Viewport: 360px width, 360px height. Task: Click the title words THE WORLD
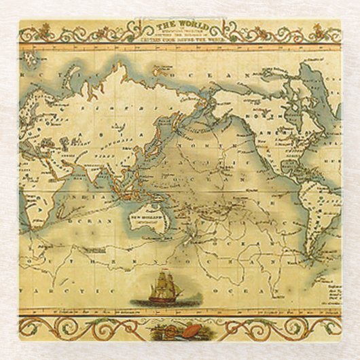point(180,26)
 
